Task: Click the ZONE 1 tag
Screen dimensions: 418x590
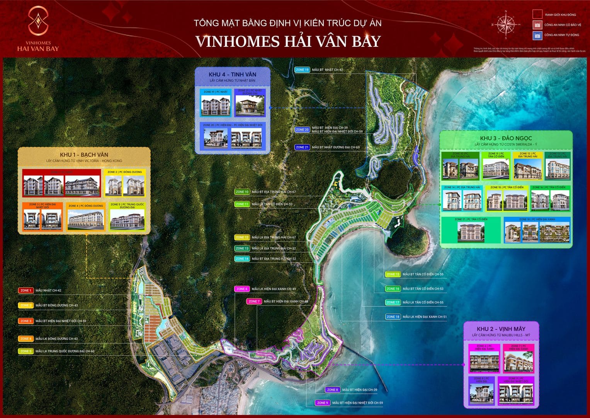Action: pos(26,290)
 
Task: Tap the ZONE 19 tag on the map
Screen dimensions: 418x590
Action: pos(302,70)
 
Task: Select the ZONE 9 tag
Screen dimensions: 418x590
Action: pos(322,403)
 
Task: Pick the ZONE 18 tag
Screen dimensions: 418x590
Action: pos(393,317)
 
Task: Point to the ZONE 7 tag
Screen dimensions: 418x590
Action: pos(254,301)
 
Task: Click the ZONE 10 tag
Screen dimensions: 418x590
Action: pos(242,192)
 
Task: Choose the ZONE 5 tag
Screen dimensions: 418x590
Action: pos(26,351)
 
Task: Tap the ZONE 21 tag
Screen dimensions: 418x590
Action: pos(302,147)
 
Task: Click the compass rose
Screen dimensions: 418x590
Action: pos(505,24)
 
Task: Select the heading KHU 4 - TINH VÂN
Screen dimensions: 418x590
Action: pos(232,74)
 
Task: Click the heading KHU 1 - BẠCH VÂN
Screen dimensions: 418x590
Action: pos(84,154)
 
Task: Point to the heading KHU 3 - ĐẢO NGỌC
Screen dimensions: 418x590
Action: pos(506,138)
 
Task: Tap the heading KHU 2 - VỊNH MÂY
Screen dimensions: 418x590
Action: pos(501,329)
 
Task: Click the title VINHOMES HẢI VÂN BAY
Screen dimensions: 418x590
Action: pos(288,41)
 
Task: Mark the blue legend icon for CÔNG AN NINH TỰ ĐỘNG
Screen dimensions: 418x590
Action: pos(537,35)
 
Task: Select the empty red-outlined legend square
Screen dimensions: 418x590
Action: pos(537,15)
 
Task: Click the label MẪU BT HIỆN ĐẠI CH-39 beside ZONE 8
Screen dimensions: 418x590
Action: pos(359,390)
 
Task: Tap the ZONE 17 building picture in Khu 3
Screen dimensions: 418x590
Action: pos(471,233)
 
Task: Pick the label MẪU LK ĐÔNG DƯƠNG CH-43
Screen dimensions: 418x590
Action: pos(56,339)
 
